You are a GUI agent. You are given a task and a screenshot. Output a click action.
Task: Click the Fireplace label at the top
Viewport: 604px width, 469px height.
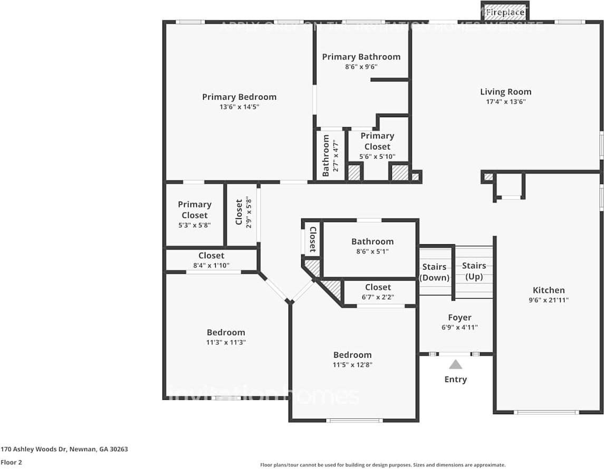pos(505,12)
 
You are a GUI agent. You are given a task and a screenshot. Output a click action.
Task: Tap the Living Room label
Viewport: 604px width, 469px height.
pos(505,92)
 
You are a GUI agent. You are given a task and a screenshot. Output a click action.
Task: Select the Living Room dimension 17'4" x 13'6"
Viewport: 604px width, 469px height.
pos(505,102)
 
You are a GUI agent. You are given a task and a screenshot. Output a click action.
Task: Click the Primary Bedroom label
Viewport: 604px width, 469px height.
pos(239,97)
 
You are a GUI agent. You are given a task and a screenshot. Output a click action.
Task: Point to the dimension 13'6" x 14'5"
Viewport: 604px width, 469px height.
pos(239,107)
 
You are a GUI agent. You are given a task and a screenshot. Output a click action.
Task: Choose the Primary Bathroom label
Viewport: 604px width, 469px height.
pos(361,57)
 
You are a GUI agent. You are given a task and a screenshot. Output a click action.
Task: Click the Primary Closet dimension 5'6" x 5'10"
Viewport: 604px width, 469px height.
pos(377,157)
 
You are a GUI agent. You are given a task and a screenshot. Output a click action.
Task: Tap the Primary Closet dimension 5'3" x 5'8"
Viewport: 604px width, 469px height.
pos(194,225)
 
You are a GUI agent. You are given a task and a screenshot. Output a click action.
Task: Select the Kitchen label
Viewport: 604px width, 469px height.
pos(549,290)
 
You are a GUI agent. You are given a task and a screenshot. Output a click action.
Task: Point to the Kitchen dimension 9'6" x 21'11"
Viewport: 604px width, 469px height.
pos(549,300)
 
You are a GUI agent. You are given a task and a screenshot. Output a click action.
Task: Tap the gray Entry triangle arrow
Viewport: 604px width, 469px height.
pos(456,364)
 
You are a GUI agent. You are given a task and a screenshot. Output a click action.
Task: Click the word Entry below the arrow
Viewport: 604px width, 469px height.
pos(456,379)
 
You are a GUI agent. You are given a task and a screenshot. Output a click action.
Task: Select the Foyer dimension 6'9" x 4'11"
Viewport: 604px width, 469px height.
pos(459,327)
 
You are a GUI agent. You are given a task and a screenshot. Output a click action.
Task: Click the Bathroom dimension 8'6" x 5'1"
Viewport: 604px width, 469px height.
pos(372,252)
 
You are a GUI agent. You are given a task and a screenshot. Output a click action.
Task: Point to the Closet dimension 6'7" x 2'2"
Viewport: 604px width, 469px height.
pos(378,297)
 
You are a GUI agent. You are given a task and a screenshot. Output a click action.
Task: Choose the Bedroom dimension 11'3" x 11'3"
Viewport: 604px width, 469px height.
pos(226,342)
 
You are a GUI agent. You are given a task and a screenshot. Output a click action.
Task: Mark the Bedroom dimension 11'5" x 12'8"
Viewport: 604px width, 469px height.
pos(352,365)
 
